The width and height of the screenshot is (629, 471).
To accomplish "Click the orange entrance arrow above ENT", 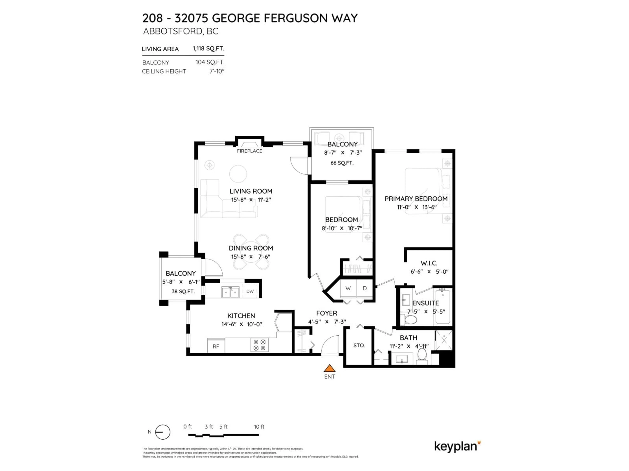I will (x=330, y=368).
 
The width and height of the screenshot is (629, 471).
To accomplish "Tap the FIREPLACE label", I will (x=249, y=151).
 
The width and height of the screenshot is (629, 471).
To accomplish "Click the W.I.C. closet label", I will (x=429, y=263).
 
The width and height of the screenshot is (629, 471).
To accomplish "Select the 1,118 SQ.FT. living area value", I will (x=208, y=49).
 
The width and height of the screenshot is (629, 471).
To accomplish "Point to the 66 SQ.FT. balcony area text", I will (x=342, y=163).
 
